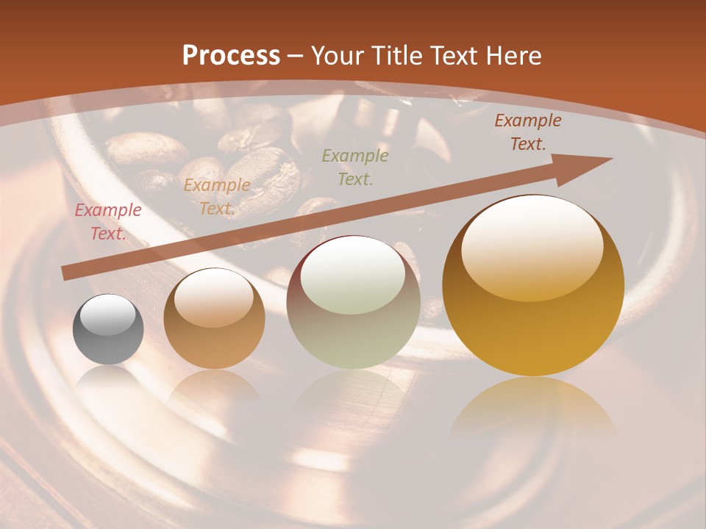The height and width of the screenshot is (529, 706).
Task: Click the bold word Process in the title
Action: click(x=231, y=55)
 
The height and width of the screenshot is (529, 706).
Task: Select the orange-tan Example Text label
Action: click(x=216, y=196)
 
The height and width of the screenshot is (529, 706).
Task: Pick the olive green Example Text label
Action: click(x=355, y=167)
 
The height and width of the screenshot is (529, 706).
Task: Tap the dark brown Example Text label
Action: click(x=527, y=132)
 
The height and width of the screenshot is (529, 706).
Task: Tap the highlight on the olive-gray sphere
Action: click(x=353, y=276)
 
